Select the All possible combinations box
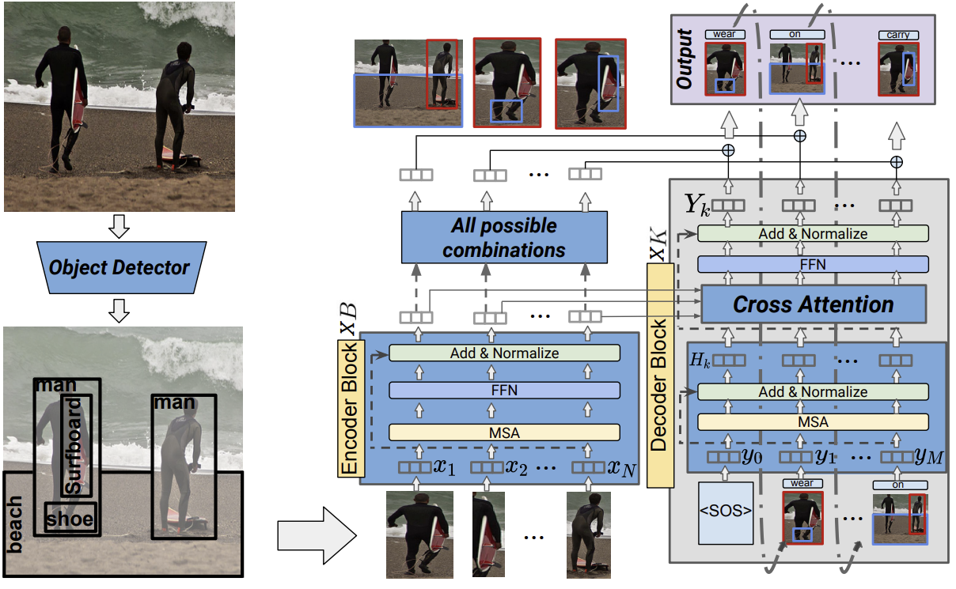tap(504, 237)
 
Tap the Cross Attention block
tap(813, 304)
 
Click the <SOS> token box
tap(726, 519)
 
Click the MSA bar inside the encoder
tap(503, 432)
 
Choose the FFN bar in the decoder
tap(813, 264)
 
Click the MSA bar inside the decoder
tap(813, 422)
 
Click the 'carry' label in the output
tap(898, 35)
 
